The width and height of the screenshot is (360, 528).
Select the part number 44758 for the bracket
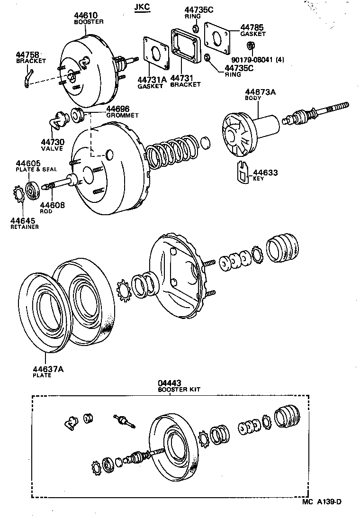pyautogui.click(x=28, y=55)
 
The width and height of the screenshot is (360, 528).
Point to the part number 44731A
pyautogui.click(x=152, y=79)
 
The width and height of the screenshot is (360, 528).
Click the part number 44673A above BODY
pyautogui.click(x=260, y=92)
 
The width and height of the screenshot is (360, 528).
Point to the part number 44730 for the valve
pyautogui.click(x=52, y=142)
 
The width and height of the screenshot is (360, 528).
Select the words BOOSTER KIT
pyautogui.click(x=179, y=389)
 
